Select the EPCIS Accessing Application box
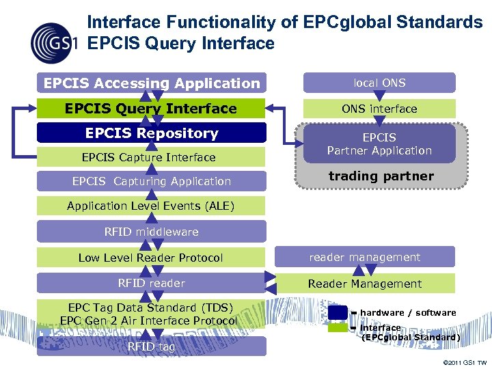[x=152, y=83]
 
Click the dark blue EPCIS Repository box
[x=151, y=133]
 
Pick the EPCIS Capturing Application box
[x=151, y=181]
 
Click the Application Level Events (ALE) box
[x=151, y=206]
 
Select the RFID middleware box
[x=151, y=232]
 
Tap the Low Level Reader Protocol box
[x=151, y=258]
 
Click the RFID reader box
[x=151, y=283]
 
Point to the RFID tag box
[x=151, y=346]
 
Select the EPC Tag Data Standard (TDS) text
[x=150, y=307]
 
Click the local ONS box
[x=379, y=83]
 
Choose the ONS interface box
[x=379, y=109]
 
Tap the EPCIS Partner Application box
[x=379, y=144]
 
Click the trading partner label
[x=381, y=176]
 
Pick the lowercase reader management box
[x=365, y=257]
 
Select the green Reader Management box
[x=365, y=284]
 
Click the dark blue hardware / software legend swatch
[x=338, y=312]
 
